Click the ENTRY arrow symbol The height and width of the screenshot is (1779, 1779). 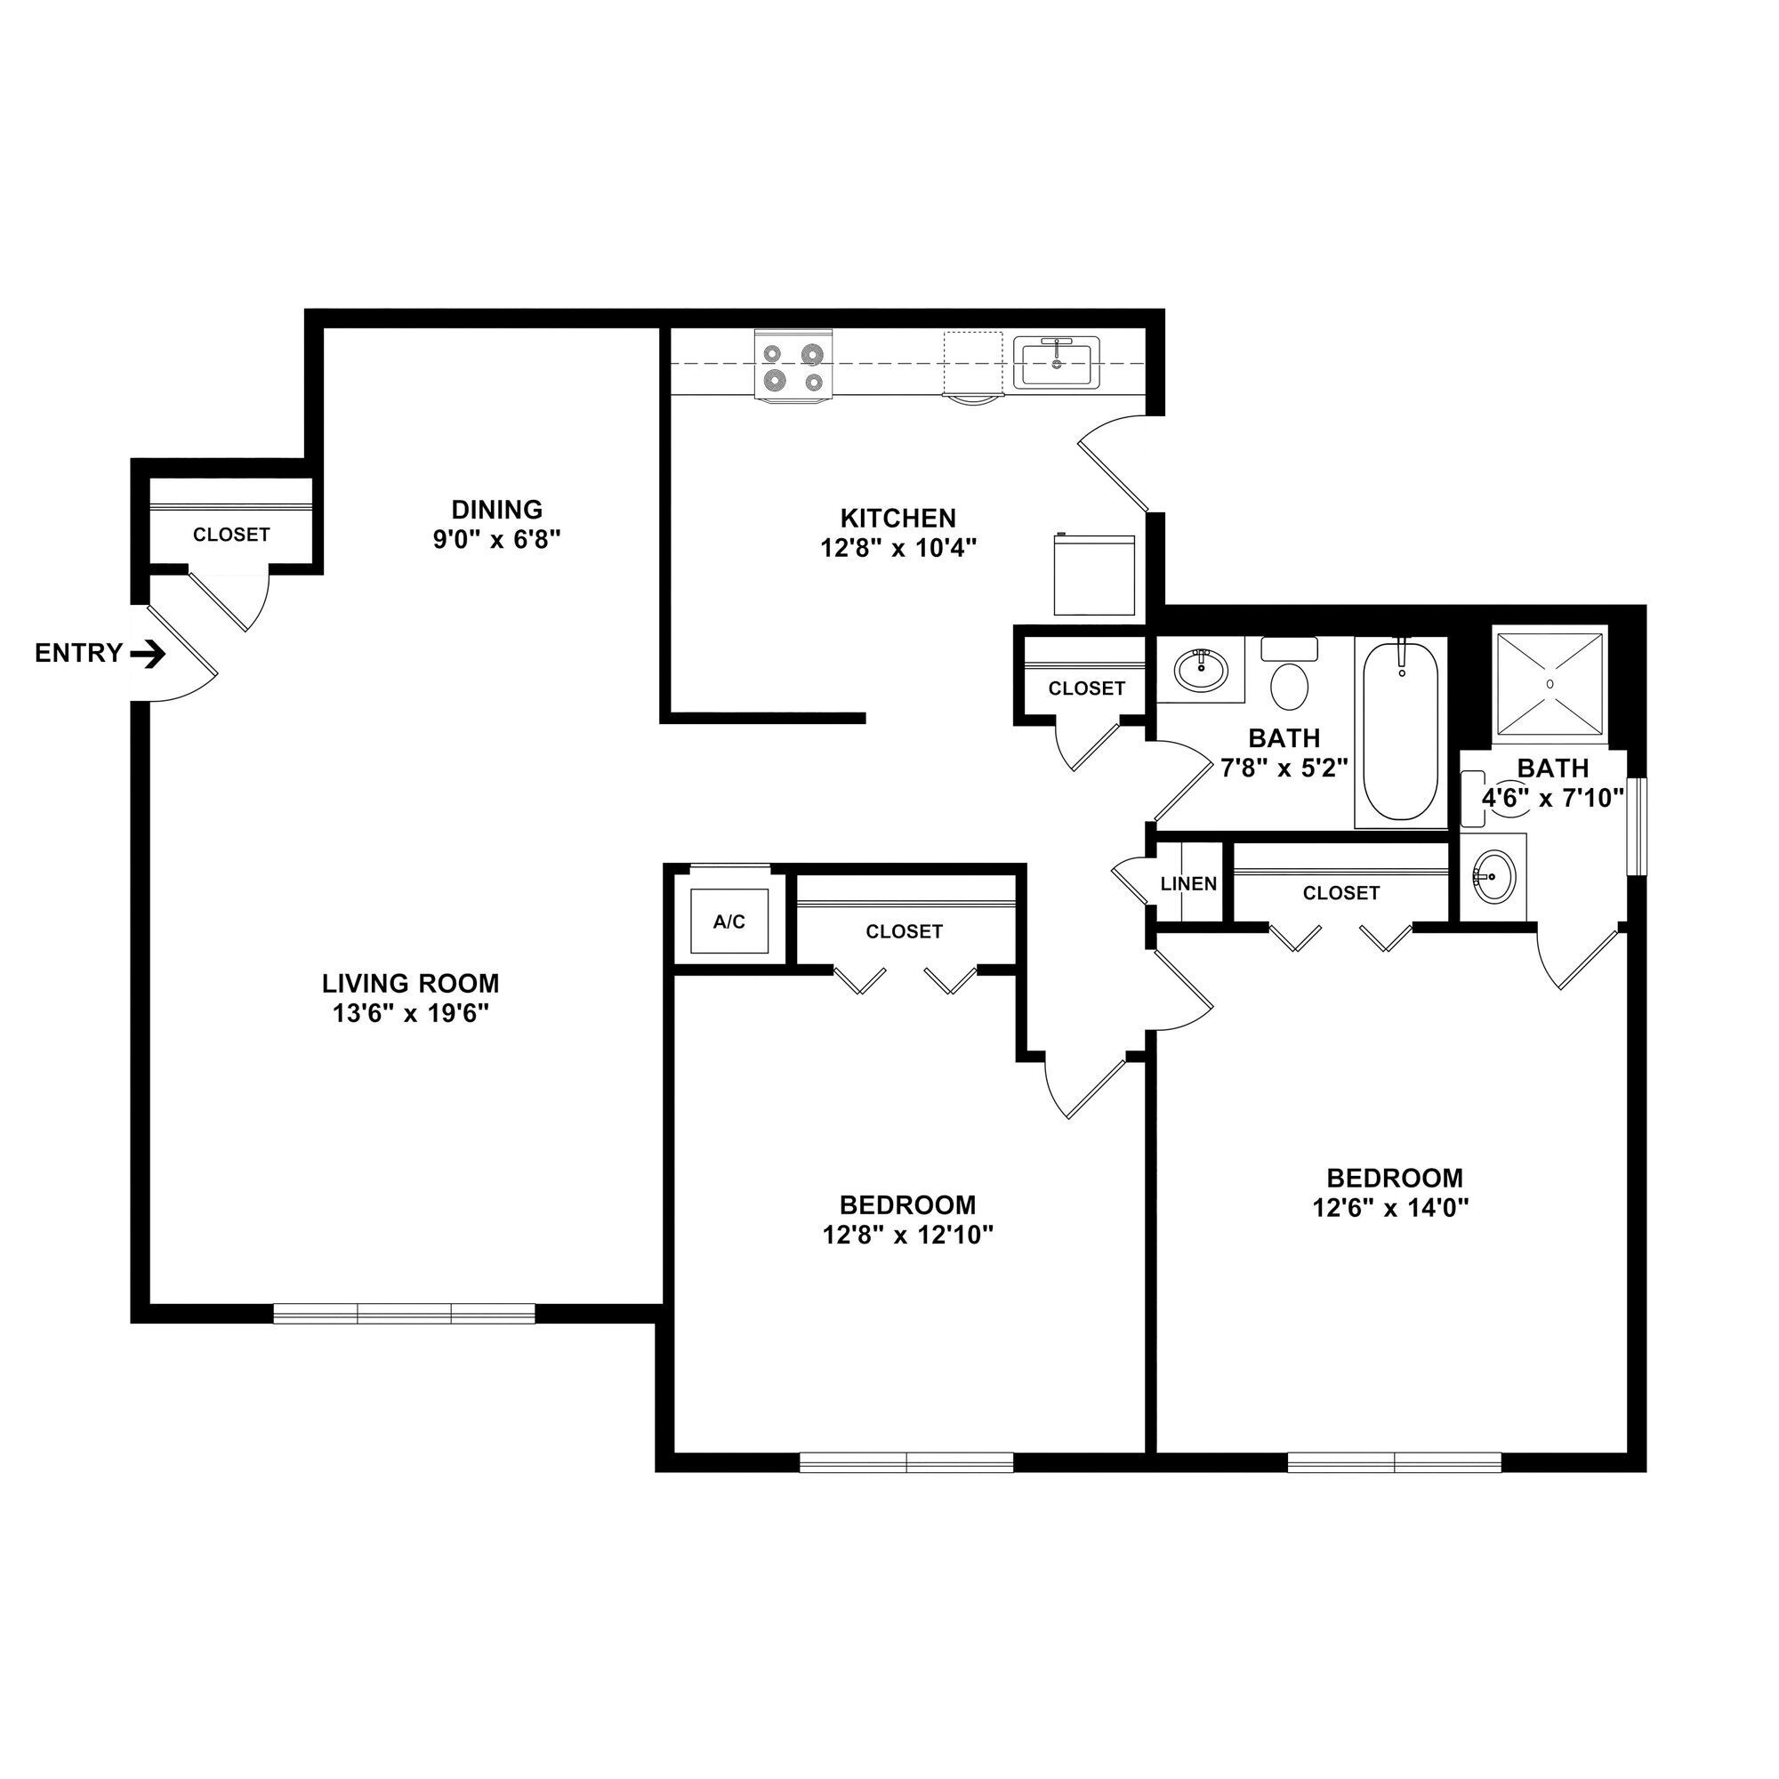(148, 655)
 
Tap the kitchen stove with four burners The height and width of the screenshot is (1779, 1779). (793, 366)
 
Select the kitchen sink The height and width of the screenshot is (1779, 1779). (1056, 364)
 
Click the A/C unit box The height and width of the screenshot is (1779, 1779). (729, 921)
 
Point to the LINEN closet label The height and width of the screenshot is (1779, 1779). (1187, 884)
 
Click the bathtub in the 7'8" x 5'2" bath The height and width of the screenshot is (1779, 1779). (1399, 732)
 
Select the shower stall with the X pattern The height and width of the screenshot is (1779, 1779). (1550, 684)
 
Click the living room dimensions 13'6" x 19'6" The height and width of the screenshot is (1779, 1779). (410, 1014)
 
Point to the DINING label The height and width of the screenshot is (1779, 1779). (496, 509)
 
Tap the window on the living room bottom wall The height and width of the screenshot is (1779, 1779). (404, 1314)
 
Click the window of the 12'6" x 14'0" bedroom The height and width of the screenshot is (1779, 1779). (1394, 1462)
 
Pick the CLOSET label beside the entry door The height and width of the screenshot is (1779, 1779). (231, 535)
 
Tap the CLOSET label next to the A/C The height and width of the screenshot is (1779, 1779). (905, 932)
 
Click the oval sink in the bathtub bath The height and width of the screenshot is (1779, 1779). (1201, 670)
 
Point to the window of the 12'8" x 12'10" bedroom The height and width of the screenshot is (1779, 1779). (906, 1462)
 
